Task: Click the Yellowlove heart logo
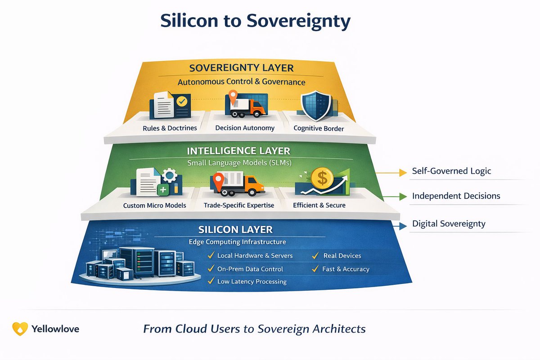[20, 328]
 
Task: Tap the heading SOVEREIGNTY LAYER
[241, 68]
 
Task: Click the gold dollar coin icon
[322, 179]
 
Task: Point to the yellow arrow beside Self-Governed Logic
[391, 173]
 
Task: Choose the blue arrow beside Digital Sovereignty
[400, 226]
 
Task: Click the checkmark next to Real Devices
[315, 255]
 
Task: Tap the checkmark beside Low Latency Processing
[211, 281]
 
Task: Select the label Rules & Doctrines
[170, 128]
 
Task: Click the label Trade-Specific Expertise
[239, 205]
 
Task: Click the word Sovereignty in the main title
[298, 21]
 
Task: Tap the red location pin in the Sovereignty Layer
[233, 97]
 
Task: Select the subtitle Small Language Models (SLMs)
[239, 163]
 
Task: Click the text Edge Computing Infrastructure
[237, 242]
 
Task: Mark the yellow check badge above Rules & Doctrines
[182, 101]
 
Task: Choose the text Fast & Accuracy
[346, 269]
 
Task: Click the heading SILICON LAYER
[235, 229]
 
